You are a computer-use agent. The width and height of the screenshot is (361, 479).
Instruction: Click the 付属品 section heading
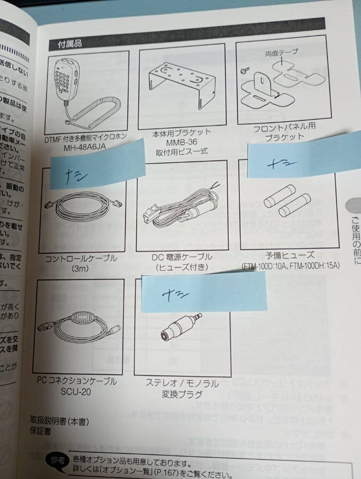point(70,43)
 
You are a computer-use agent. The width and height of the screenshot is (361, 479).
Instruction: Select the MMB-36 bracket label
point(178,142)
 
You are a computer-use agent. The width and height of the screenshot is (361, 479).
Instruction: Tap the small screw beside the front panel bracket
point(244,70)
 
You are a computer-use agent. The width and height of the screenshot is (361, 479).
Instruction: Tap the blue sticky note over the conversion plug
point(204,292)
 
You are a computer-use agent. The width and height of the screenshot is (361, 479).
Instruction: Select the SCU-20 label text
point(76,390)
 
